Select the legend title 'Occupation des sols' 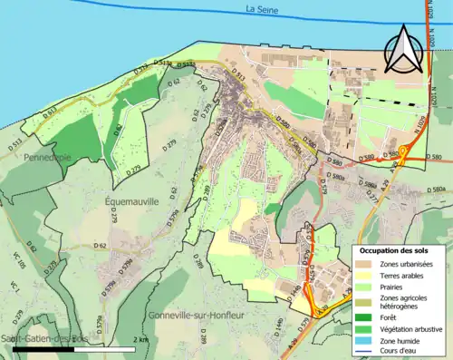394,249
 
